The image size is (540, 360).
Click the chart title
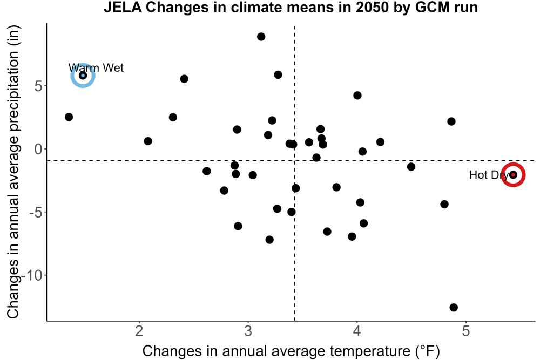click(x=291, y=7)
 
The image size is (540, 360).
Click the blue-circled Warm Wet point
click(x=83, y=76)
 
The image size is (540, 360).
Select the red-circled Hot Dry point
click(x=513, y=175)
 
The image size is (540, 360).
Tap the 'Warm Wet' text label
click(x=96, y=68)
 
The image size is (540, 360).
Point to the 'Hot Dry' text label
click(x=489, y=175)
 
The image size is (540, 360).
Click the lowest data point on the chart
click(x=454, y=307)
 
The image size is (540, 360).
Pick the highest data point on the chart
click(x=261, y=37)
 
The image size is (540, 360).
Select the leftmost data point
click(x=69, y=117)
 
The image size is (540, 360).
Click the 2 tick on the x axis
click(x=139, y=331)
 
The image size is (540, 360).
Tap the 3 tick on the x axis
click(x=248, y=331)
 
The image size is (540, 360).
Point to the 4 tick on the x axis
click(x=357, y=331)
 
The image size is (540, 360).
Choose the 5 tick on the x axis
click(x=465, y=331)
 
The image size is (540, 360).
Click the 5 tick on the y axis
click(x=38, y=86)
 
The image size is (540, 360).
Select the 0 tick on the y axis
click(x=38, y=149)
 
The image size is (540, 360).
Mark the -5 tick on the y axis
click(x=36, y=212)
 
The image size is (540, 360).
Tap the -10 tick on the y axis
click(x=32, y=275)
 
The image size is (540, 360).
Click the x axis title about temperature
click(x=291, y=351)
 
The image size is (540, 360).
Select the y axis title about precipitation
click(x=13, y=172)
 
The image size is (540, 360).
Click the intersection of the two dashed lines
click(x=295, y=160)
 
